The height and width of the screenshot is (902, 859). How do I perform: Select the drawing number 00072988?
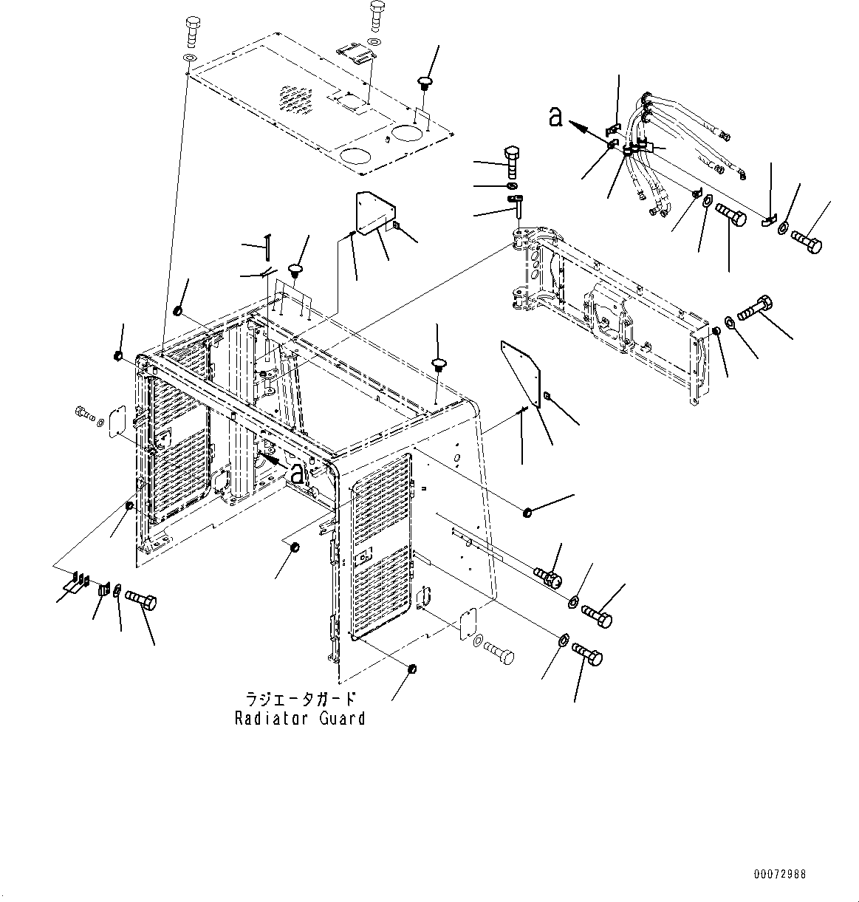tap(780, 875)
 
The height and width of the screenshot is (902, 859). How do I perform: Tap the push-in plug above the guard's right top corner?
tap(439, 364)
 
